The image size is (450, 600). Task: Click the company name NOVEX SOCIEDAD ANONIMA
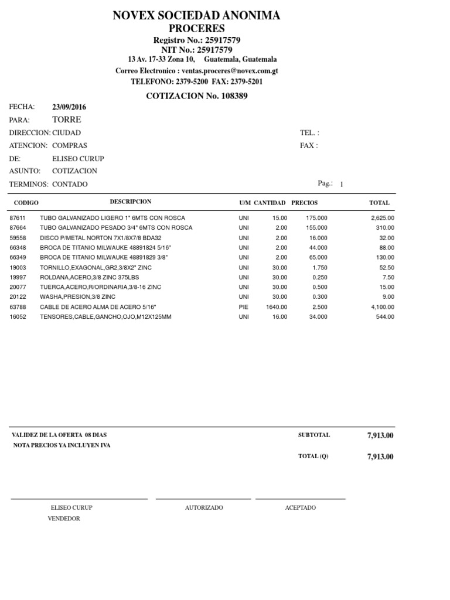pos(196,16)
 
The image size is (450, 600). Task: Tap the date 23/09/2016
pos(69,107)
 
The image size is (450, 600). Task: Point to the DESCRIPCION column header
pos(130,202)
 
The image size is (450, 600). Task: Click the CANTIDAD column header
pos(270,203)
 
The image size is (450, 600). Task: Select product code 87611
pos(18,218)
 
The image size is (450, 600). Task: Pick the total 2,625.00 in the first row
pos(383,218)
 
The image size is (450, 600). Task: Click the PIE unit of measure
pos(243,307)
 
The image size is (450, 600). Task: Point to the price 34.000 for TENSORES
pos(318,317)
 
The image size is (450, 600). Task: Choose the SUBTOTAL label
pos(314,435)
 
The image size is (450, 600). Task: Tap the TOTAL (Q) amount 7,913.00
pos(380,457)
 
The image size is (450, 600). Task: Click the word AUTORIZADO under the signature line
pos(204,507)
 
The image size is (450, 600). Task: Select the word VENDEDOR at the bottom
pos(64,519)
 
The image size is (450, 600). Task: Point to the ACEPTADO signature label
pos(300,507)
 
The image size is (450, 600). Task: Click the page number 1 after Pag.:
pos(342,185)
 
